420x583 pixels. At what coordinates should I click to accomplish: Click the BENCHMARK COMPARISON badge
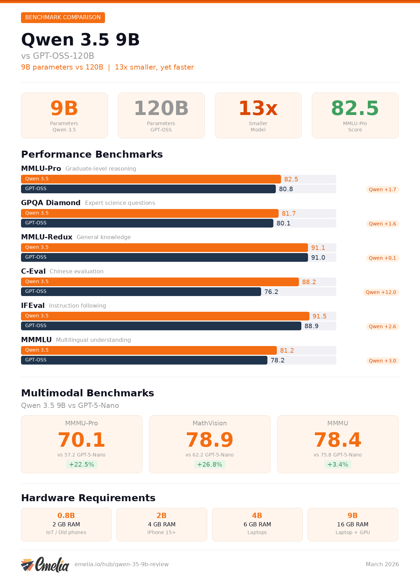point(63,17)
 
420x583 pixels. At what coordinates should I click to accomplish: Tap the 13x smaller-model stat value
point(258,108)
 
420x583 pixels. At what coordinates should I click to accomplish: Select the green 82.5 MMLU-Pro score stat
point(355,108)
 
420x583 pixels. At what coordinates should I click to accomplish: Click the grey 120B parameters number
point(161,108)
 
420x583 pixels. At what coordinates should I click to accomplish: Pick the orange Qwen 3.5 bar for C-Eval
point(160,282)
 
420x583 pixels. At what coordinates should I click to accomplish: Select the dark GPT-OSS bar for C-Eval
point(141,291)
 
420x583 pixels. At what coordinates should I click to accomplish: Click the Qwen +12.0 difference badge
point(381,292)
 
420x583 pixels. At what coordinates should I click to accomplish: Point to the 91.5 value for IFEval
point(319,316)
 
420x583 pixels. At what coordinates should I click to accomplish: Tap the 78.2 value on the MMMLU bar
point(278,360)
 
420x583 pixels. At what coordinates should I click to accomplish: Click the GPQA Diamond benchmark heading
point(51,203)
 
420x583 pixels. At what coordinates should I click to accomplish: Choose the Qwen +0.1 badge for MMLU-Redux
point(382,258)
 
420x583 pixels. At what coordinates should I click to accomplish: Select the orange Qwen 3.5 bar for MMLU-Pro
point(151,179)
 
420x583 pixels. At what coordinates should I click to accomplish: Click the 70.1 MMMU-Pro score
point(82,440)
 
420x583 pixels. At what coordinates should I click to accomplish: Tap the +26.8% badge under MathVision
point(210,465)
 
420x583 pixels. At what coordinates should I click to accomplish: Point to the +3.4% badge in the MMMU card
point(338,465)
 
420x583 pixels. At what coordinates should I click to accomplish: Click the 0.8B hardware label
point(66,516)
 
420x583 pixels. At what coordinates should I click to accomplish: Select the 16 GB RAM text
point(352,524)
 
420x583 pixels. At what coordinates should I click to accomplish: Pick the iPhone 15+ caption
point(161,532)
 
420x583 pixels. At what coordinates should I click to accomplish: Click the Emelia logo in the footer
point(45,564)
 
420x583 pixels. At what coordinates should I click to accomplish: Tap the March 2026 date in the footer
point(382,564)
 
